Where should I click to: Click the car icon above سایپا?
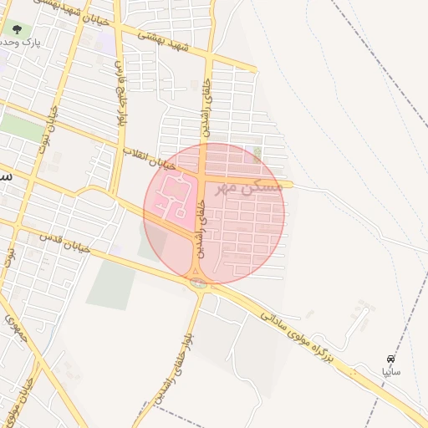coord(390,357)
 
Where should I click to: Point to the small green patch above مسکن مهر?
coord(257,151)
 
